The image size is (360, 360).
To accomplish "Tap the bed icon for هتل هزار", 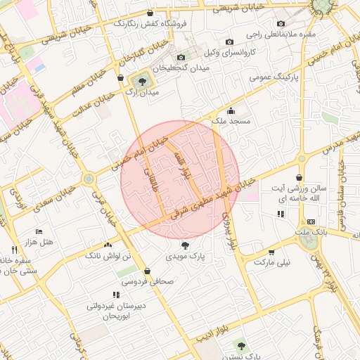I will pyautogui.click(x=39, y=231).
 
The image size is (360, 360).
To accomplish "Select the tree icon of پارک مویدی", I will pyautogui.click(x=185, y=245).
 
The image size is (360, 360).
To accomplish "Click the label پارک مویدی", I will pyautogui.click(x=185, y=257).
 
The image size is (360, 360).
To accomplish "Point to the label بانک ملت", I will pyautogui.click(x=311, y=231).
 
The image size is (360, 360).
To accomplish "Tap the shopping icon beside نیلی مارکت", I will pyautogui.click(x=271, y=252).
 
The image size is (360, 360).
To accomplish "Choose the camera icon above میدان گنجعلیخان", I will pyautogui.click(x=181, y=57).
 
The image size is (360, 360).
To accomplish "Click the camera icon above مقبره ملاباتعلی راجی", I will pyautogui.click(x=281, y=23).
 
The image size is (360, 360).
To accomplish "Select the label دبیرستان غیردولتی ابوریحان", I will pyautogui.click(x=115, y=311).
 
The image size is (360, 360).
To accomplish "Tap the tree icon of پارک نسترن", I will pyautogui.click(x=242, y=346).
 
